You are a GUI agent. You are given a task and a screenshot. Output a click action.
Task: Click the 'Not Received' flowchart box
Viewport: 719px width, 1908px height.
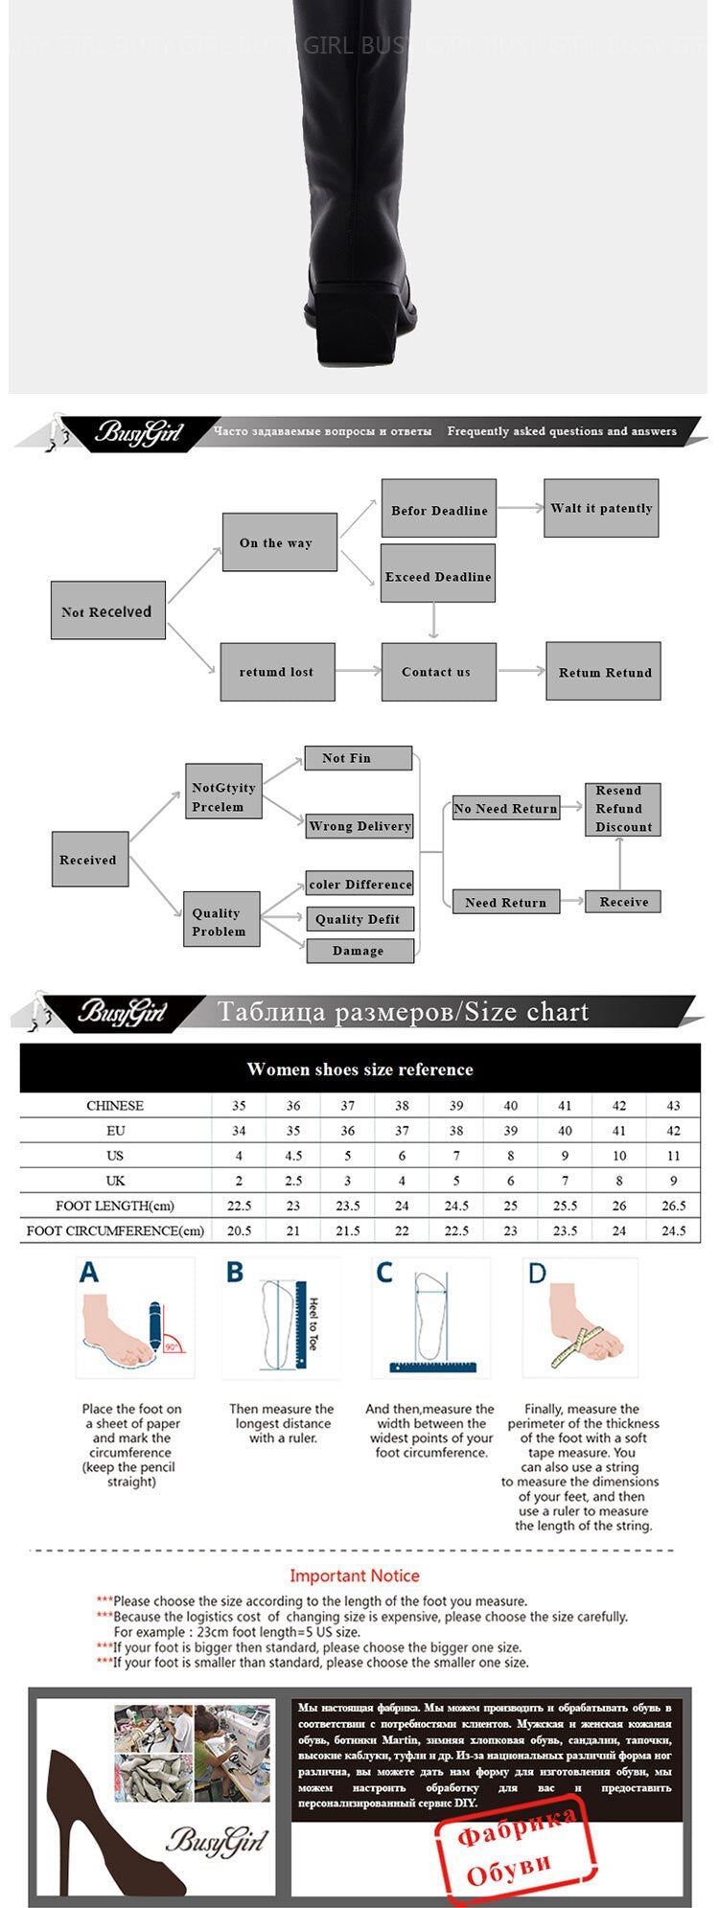pyautogui.click(x=107, y=610)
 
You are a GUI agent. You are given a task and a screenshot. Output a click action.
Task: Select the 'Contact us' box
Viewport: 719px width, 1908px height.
pyautogui.click(x=438, y=672)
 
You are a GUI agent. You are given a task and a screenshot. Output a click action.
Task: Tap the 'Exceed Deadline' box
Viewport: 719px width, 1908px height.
pyautogui.click(x=438, y=575)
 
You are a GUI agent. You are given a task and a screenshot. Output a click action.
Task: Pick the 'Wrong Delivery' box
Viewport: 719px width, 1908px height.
pyautogui.click(x=359, y=826)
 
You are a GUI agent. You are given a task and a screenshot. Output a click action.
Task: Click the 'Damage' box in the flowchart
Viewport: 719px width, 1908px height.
pyautogui.click(x=359, y=951)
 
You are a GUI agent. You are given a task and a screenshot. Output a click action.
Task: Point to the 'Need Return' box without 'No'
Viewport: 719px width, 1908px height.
pyautogui.click(x=505, y=902)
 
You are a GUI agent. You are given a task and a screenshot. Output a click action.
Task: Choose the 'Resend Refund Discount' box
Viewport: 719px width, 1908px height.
pyautogui.click(x=623, y=809)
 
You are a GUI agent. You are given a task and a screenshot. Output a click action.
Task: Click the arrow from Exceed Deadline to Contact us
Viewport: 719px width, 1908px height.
pyautogui.click(x=434, y=621)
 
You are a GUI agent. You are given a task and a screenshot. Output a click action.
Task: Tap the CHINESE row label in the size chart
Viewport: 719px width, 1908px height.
pyautogui.click(x=115, y=1105)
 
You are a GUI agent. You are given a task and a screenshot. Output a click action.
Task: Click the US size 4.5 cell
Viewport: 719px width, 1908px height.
pyautogui.click(x=293, y=1156)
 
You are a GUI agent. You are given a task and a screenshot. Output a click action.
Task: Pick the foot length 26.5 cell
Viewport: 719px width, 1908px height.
pyautogui.click(x=673, y=1206)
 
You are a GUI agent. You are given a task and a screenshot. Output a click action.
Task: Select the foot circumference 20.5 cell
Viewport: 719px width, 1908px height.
pyautogui.click(x=239, y=1230)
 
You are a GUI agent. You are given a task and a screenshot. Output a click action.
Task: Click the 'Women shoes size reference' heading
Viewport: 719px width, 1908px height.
pyautogui.click(x=359, y=1069)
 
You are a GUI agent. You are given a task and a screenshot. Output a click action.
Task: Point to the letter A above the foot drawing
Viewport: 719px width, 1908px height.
pyautogui.click(x=89, y=1273)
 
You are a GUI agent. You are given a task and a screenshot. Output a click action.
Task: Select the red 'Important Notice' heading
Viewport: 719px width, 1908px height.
pyautogui.click(x=355, y=1575)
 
